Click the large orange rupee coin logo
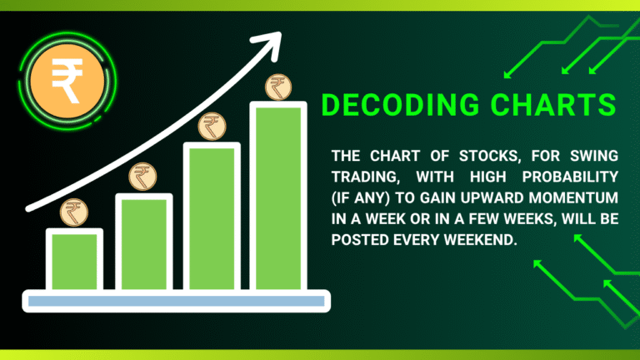[x=67, y=80]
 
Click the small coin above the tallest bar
[x=277, y=86]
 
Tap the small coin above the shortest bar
[x=72, y=212]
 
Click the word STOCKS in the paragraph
[x=481, y=156]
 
